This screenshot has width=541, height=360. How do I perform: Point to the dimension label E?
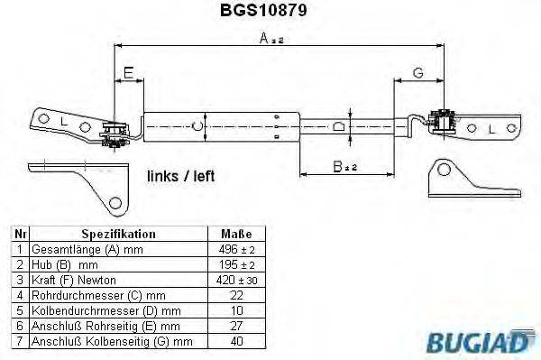129,70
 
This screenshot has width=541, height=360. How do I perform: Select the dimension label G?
417,70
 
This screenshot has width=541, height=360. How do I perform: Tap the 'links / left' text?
180,177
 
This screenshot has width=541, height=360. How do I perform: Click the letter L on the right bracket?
492,130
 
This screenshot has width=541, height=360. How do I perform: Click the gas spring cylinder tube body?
221,126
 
